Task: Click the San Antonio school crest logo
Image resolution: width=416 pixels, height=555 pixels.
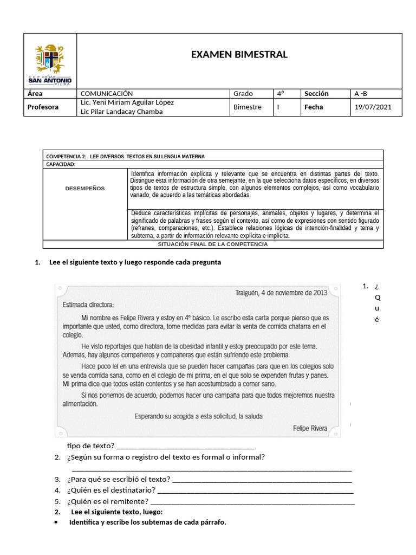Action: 50,61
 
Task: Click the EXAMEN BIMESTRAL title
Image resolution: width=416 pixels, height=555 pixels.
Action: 239,54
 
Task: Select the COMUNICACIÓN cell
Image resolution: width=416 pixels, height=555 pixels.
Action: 107,94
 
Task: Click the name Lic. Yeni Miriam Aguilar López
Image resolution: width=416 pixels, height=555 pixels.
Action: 127,102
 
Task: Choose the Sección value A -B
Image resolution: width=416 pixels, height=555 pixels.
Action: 361,94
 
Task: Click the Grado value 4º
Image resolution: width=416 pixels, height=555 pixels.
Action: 281,94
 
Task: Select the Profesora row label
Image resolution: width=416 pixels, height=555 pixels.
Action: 43,107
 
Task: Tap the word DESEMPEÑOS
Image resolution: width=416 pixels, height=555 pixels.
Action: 85,189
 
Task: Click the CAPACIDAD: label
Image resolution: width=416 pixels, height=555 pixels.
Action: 61,164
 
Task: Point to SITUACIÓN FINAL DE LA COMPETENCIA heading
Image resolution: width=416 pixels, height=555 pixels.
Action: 213,244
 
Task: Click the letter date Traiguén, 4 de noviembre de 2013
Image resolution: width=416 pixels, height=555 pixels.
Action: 281,293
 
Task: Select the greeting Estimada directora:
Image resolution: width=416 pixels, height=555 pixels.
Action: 92,304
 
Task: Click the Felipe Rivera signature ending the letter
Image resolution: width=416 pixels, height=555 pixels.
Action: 310,428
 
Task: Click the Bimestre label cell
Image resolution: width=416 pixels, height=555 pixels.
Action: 247,107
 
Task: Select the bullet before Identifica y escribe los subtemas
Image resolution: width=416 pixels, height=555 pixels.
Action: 57,522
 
